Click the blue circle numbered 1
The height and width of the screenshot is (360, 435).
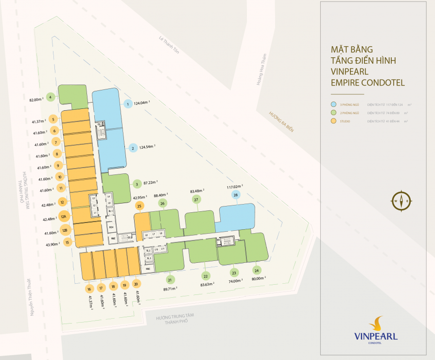128,103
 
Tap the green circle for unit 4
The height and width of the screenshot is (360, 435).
51,96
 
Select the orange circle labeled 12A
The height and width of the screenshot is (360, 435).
63,217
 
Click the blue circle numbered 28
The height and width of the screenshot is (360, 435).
236,195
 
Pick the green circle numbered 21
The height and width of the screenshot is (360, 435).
170,279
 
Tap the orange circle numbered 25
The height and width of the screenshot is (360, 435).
139,206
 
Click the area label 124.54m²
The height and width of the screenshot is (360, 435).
148,146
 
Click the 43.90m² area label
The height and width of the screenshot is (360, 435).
52,244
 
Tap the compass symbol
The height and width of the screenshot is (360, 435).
401,201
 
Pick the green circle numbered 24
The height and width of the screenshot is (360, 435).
257,270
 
